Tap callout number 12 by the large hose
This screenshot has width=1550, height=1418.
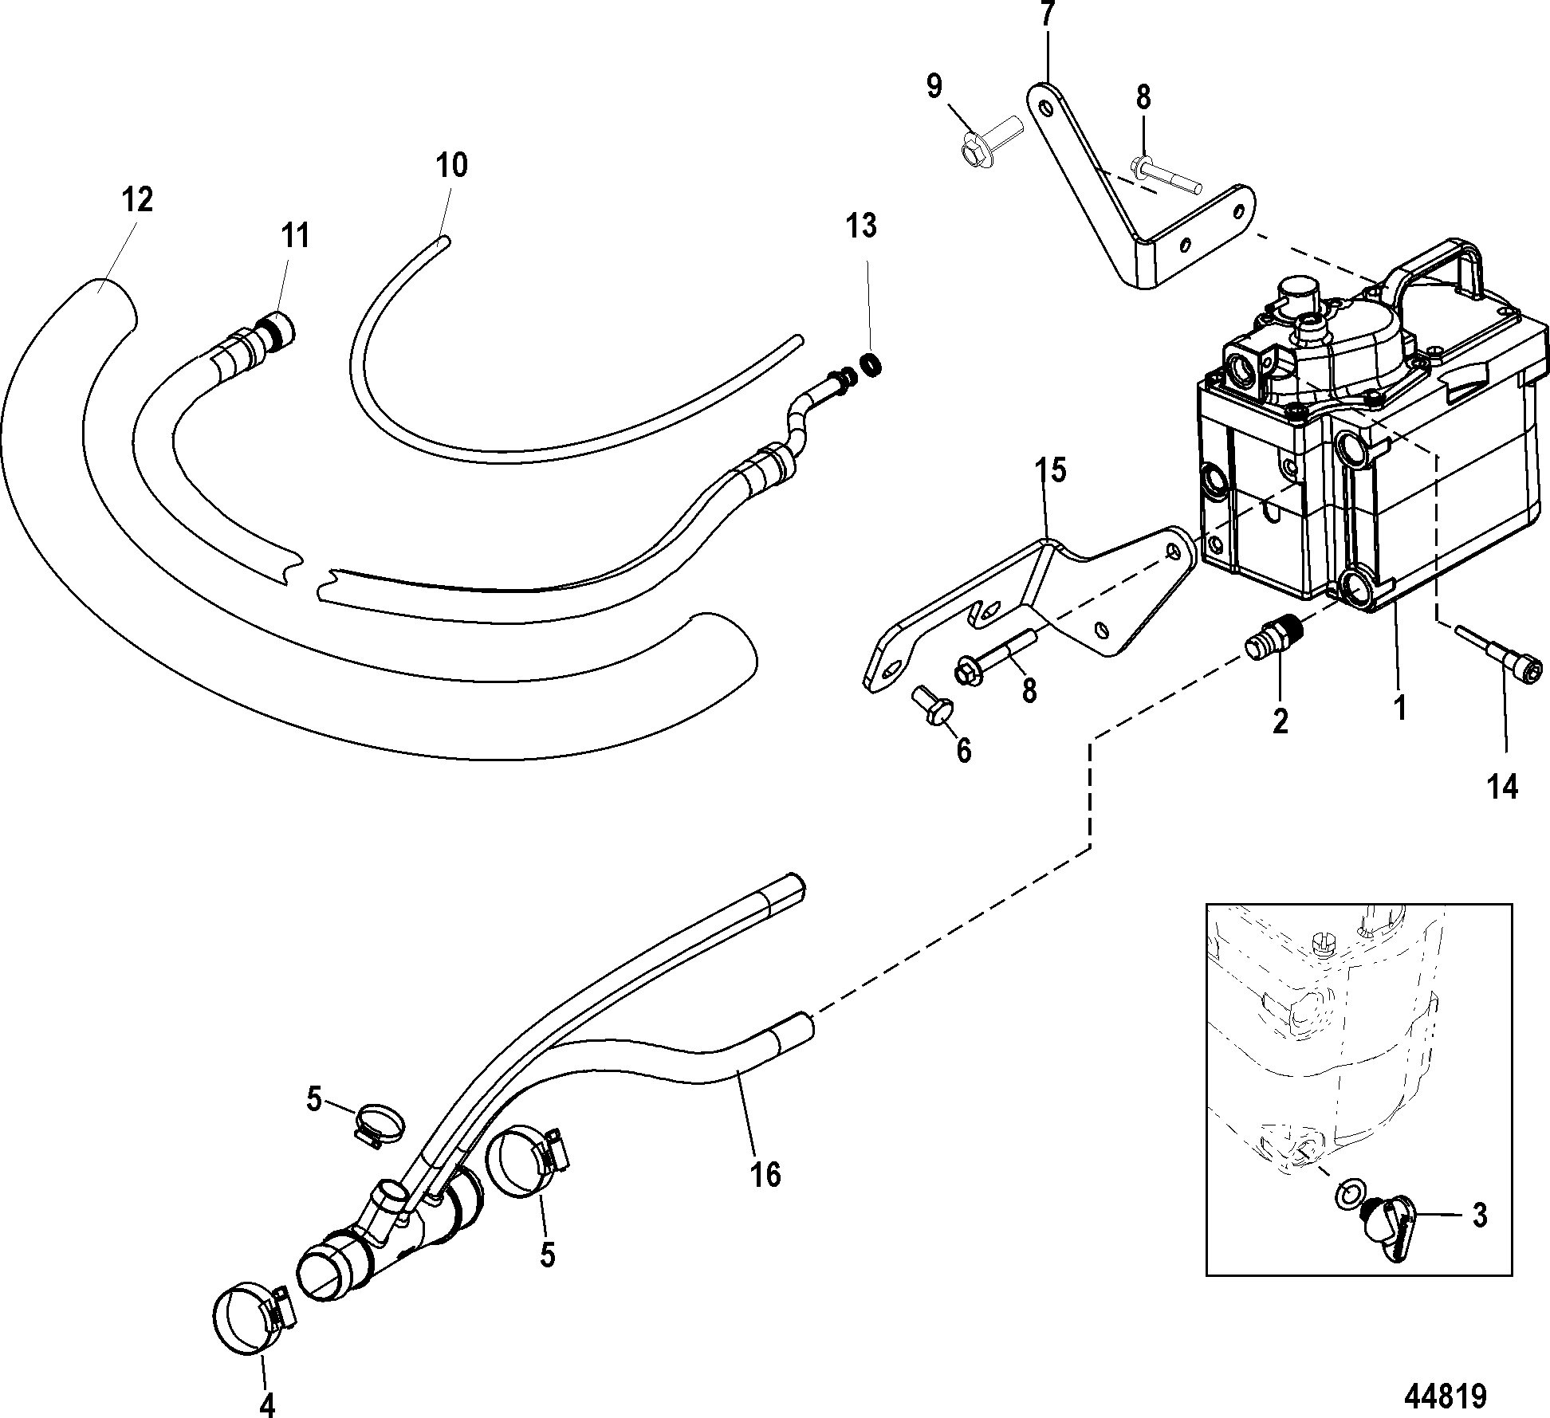click(137, 200)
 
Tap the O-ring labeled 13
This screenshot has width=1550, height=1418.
click(871, 365)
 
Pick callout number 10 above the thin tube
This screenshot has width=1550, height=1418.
click(451, 166)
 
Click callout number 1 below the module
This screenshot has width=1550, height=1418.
click(1399, 706)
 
